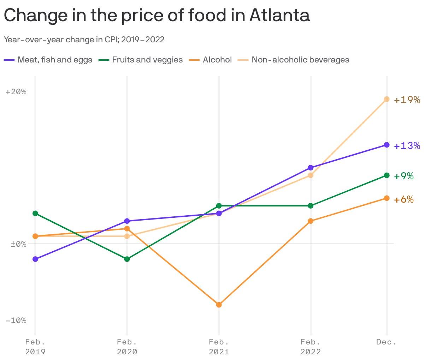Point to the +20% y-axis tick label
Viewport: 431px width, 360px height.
click(16, 92)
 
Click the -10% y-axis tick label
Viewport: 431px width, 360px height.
click(16, 320)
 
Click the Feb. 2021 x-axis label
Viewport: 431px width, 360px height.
click(219, 347)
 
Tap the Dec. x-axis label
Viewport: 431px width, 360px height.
click(386, 342)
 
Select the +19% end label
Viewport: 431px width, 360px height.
click(407, 100)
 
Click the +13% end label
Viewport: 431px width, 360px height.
click(407, 146)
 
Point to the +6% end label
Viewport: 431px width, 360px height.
click(404, 199)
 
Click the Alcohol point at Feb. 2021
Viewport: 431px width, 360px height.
click(219, 305)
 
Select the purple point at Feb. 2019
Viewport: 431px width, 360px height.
click(35, 259)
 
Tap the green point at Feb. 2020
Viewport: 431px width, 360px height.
click(127, 259)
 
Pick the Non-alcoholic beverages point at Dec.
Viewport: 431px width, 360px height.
click(387, 99)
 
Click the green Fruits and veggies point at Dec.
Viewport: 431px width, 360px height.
click(387, 175)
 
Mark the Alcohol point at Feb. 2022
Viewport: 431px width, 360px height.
click(311, 221)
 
